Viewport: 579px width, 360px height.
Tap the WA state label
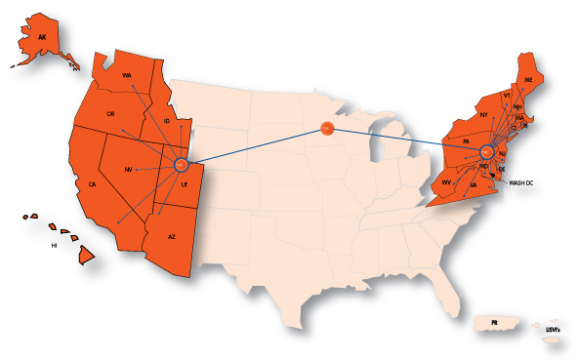coord(127,75)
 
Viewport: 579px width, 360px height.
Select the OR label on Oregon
coord(110,114)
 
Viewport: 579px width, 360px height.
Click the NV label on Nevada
coord(128,170)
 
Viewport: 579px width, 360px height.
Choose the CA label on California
coord(92,184)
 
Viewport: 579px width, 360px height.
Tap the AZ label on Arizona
coord(172,237)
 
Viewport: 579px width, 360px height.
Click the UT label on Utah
coord(183,182)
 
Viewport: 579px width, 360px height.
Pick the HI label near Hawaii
coord(56,246)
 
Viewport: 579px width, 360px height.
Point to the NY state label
coord(482,115)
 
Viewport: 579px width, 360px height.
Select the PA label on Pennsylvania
coord(467,141)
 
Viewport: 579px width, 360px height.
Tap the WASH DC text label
coord(522,182)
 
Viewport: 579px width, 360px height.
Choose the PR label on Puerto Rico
coord(495,322)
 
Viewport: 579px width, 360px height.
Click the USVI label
coord(553,331)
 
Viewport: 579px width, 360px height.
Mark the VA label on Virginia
coord(473,183)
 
